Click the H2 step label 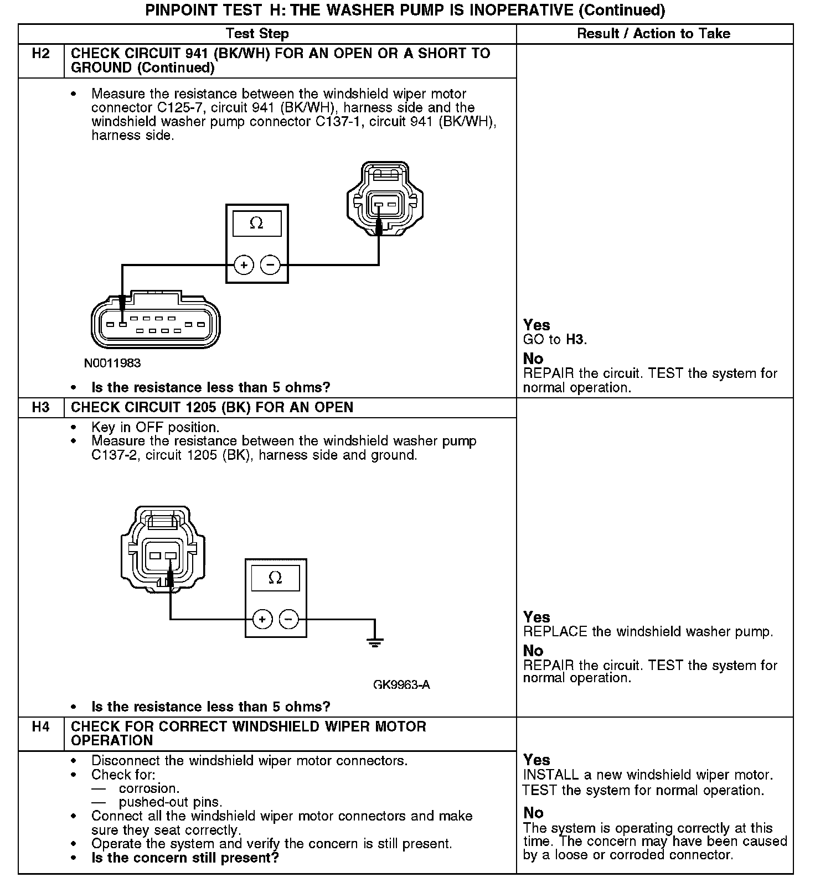40,54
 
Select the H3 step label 40,408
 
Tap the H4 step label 40,726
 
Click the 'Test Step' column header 257,34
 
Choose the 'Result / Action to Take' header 653,34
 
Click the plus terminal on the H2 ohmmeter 244,266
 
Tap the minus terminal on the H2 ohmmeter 270,266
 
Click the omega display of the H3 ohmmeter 275,578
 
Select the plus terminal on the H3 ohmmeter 262,619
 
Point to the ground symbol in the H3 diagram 375,642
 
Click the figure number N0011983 112,364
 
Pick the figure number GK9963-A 401,685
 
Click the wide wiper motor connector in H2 155,324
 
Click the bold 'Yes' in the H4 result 537,760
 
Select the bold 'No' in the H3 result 533,651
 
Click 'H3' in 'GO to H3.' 575,340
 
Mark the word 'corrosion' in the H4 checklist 148,788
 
